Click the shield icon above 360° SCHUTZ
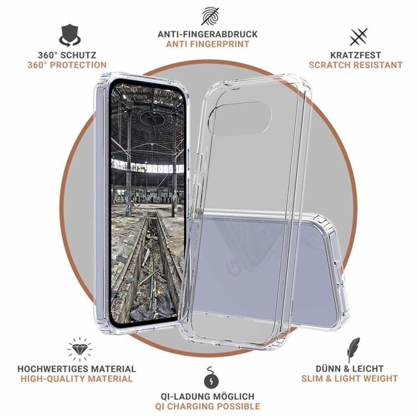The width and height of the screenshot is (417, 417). [x=70, y=35]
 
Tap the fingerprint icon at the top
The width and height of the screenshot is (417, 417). [x=210, y=16]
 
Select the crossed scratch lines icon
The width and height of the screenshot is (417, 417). [x=359, y=37]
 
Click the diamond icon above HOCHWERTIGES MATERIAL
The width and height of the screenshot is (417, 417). [x=80, y=349]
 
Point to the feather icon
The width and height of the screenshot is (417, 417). [x=353, y=349]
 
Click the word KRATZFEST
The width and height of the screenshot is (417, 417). [x=355, y=55]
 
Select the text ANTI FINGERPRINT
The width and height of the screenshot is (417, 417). [x=207, y=44]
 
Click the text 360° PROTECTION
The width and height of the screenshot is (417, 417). [x=67, y=65]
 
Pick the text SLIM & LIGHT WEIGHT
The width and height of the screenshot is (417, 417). [x=349, y=378]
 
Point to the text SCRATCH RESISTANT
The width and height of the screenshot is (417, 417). [x=355, y=65]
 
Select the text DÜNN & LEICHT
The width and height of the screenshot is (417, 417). [x=349, y=369]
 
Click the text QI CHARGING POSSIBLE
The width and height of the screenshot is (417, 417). [x=207, y=407]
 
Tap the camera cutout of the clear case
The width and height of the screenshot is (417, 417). [x=240, y=118]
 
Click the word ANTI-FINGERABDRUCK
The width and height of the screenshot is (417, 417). [x=207, y=34]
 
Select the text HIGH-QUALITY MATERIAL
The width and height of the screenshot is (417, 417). [x=77, y=379]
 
